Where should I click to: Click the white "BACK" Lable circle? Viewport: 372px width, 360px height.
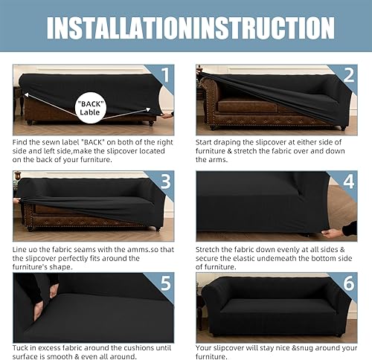click(x=91, y=108)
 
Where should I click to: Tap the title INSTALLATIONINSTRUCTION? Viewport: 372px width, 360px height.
click(x=190, y=28)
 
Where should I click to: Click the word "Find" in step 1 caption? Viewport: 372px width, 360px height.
click(x=20, y=142)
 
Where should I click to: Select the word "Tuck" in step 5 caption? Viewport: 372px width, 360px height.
click(x=20, y=348)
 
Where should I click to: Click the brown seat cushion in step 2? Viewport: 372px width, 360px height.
click(x=248, y=106)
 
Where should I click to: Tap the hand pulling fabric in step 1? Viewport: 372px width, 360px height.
click(x=167, y=115)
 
